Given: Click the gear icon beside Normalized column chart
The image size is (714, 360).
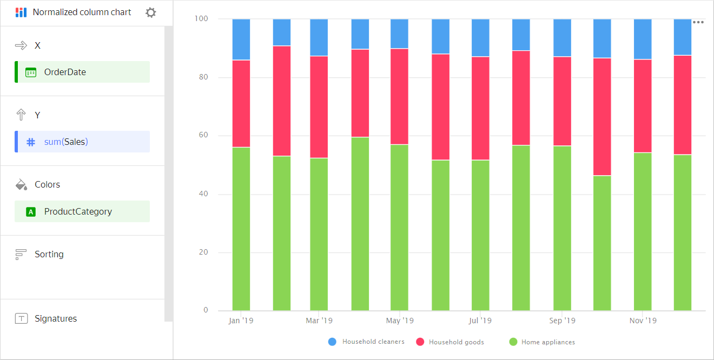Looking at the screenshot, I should [151, 12].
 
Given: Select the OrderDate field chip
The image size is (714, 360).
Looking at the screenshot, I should [82, 72].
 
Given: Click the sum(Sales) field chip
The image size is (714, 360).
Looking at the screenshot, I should [82, 142].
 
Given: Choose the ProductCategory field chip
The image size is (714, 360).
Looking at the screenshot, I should [82, 211].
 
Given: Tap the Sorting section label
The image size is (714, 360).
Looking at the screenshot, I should [49, 254].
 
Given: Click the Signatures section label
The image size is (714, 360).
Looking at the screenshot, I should [55, 318].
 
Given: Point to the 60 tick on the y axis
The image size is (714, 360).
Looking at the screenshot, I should [203, 136].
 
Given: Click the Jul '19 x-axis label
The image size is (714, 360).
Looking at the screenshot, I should [480, 321].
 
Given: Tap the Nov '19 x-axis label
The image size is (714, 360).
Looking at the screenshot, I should [643, 321].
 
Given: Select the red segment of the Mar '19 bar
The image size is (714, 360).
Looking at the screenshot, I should [319, 106].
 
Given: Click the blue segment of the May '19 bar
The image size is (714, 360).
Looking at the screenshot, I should [399, 34].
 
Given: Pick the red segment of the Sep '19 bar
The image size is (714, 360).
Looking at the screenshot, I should [562, 101].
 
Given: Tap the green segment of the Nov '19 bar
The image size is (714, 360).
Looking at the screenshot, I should [643, 231].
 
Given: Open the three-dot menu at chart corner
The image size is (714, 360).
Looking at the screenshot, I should [698, 23].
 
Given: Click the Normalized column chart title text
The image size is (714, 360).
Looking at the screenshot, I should [82, 12].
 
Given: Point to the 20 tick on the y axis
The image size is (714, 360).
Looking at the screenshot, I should [203, 252].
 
